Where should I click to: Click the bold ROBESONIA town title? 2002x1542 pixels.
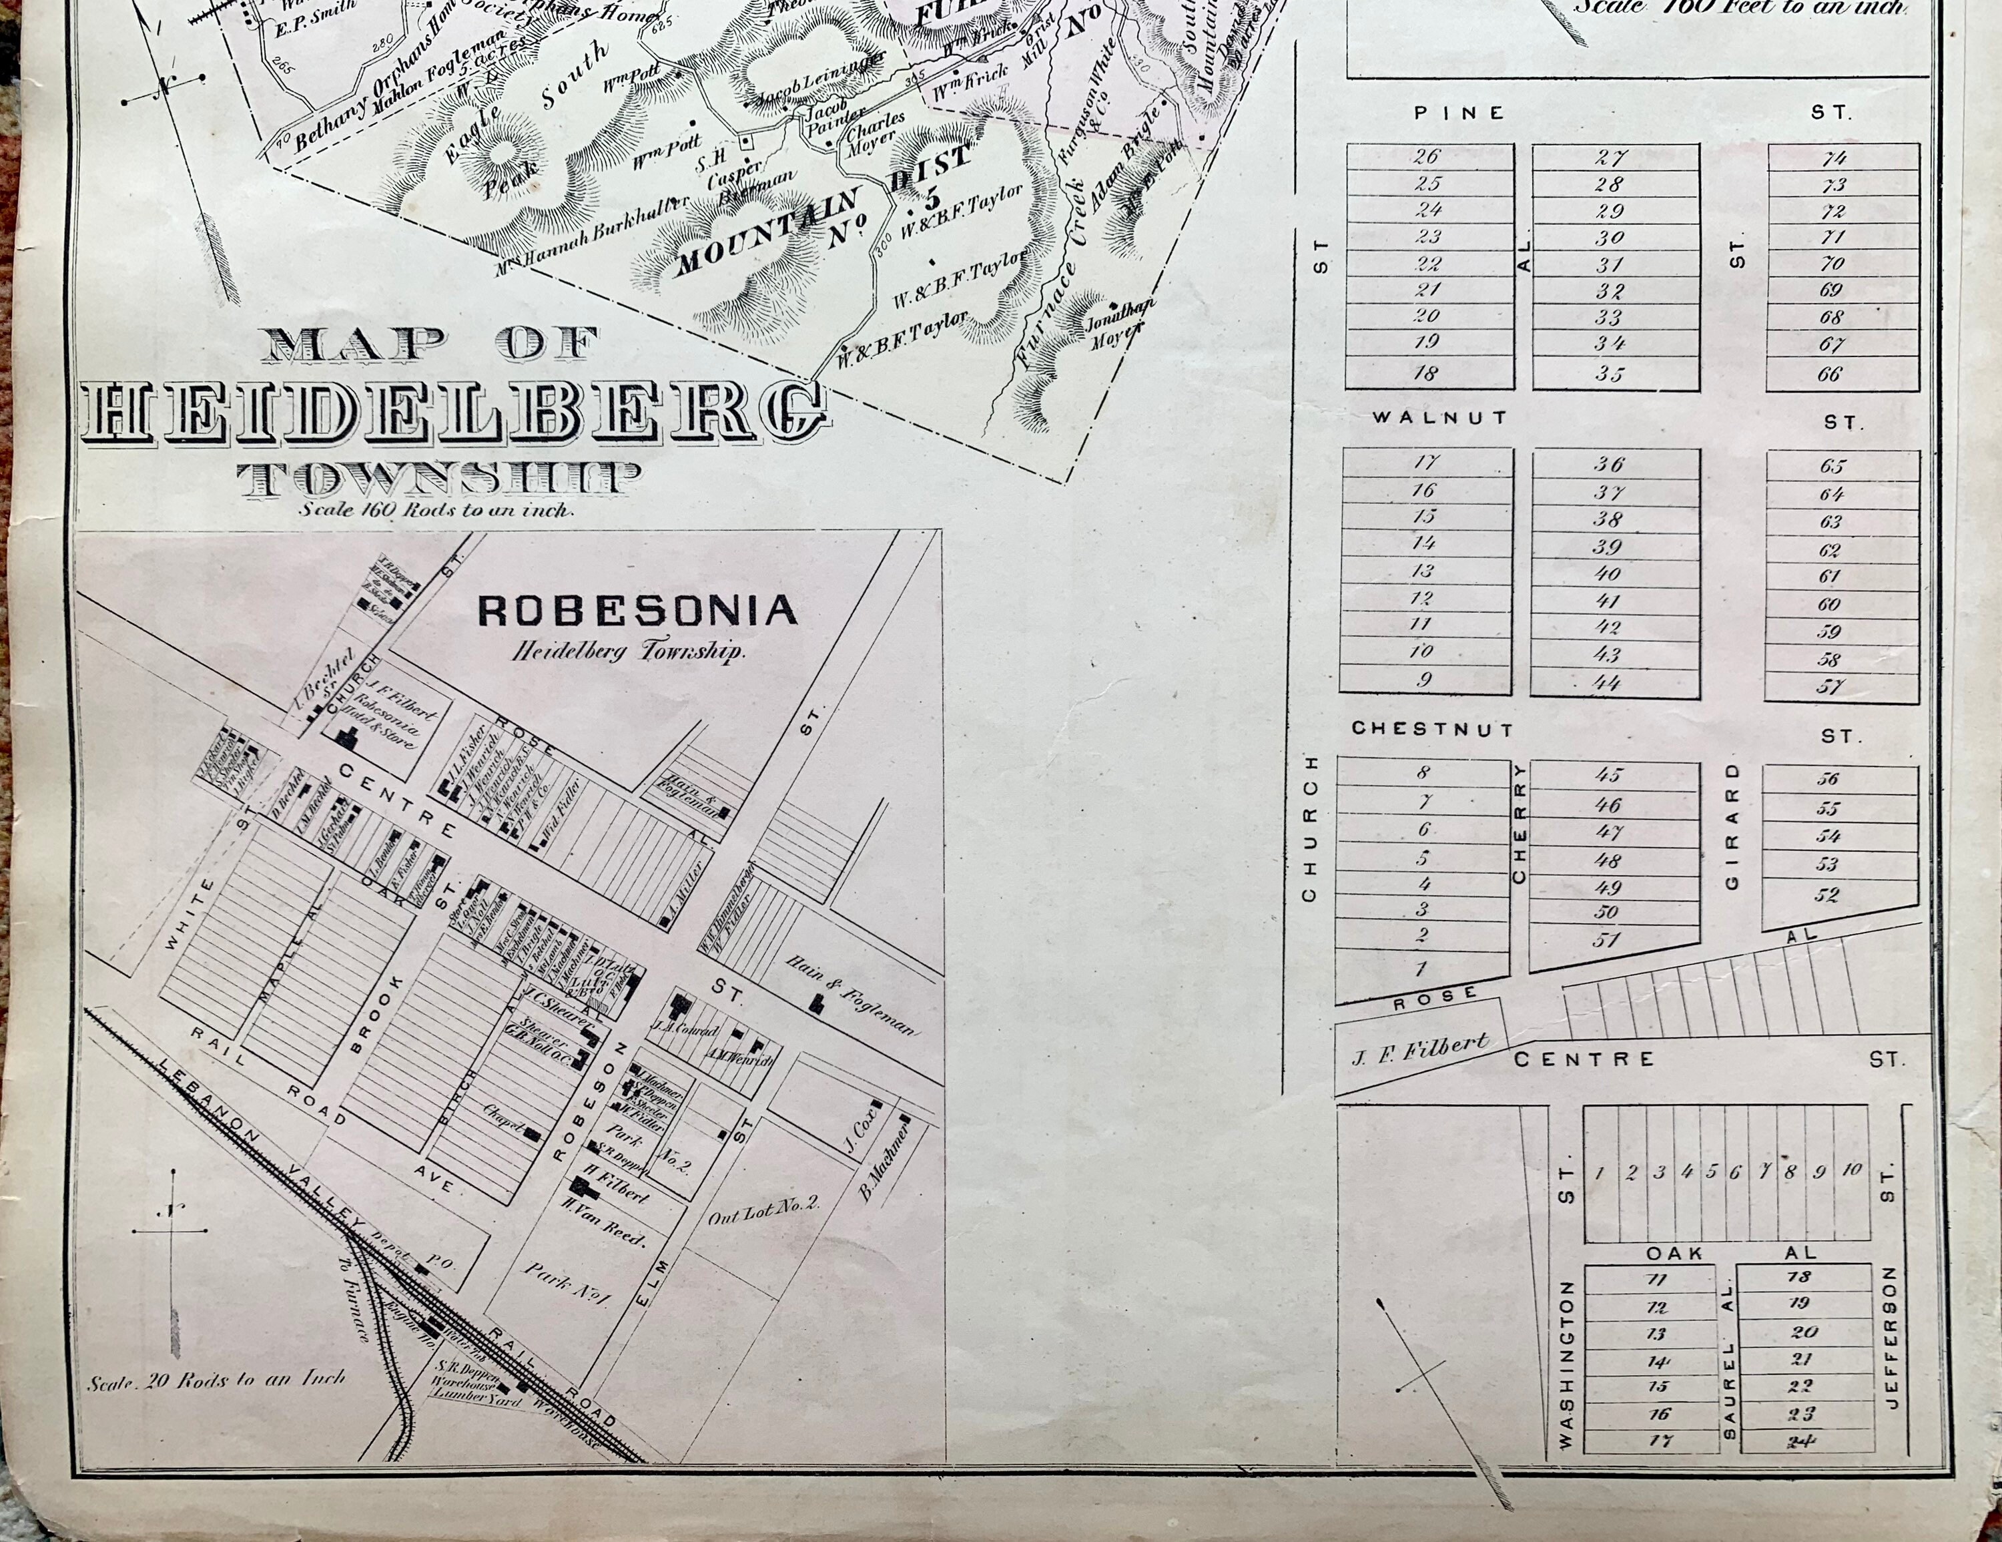637,611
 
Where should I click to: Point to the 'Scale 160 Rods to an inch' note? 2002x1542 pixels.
436,510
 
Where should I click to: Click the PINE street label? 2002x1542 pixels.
1459,113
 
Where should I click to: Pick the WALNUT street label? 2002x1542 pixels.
1439,417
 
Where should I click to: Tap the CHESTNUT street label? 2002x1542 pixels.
1433,729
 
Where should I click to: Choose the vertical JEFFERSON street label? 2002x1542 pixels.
1889,1336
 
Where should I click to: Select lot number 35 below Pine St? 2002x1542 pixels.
1609,373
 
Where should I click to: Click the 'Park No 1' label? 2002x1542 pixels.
567,1284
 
